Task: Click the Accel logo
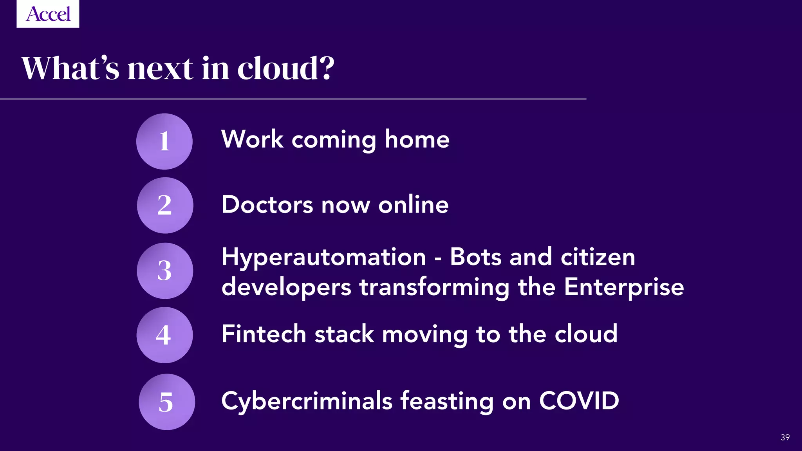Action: pyautogui.click(x=48, y=14)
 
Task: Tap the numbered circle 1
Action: pyautogui.click(x=164, y=141)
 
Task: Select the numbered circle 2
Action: pyautogui.click(x=165, y=205)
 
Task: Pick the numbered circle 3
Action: pyautogui.click(x=165, y=271)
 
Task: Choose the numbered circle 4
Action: pyautogui.click(x=164, y=335)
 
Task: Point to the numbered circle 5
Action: pyautogui.click(x=167, y=402)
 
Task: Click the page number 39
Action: pyautogui.click(x=785, y=437)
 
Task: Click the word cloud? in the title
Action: pyautogui.click(x=286, y=68)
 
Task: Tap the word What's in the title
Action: pyautogui.click(x=70, y=68)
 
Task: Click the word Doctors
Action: pyautogui.click(x=267, y=204)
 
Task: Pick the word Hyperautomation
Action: pyautogui.click(x=323, y=258)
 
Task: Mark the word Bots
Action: pyautogui.click(x=475, y=257)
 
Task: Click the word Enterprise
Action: pyautogui.click(x=624, y=287)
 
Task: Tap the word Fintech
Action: pyautogui.click(x=264, y=334)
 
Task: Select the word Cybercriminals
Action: pyautogui.click(x=307, y=402)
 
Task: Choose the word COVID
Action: pyautogui.click(x=579, y=401)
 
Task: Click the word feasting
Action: pyautogui.click(x=446, y=402)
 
